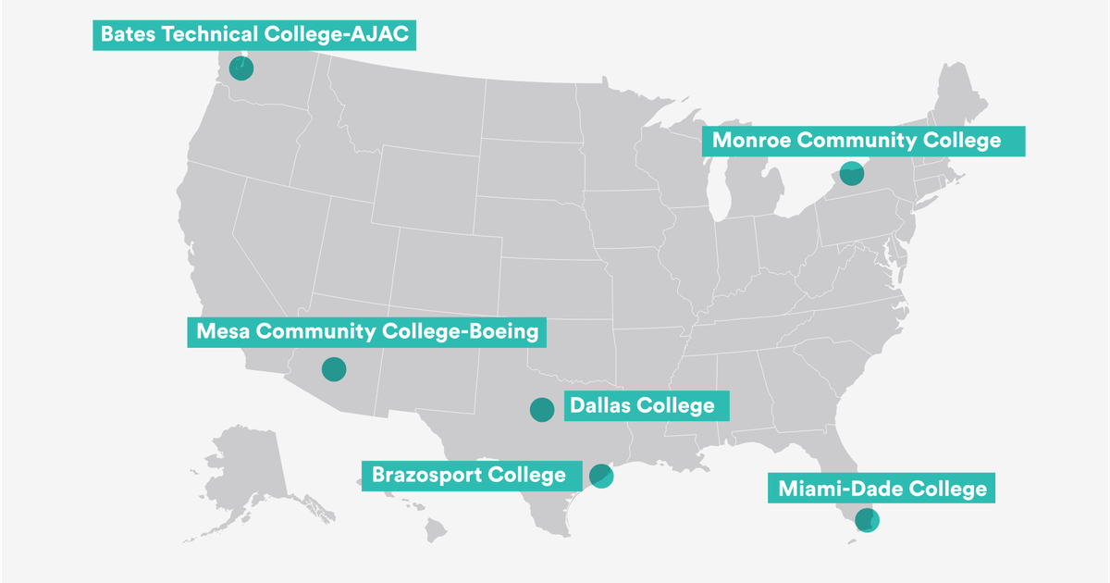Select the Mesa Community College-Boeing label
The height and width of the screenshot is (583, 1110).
coord(366,332)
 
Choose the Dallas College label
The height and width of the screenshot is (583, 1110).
coord(643,405)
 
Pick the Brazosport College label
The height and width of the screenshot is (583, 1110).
coord(469,476)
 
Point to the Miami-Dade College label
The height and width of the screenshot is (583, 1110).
coord(882,488)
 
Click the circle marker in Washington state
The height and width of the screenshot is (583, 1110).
coord(241,68)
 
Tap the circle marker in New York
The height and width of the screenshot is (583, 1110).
coord(851,172)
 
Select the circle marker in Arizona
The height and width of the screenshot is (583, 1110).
coord(333,369)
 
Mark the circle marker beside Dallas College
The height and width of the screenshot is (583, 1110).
coord(542,409)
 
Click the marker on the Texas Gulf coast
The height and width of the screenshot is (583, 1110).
coord(601,476)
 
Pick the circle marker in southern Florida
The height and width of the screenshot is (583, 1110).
coord(867,520)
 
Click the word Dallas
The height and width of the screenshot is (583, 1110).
coord(601,405)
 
